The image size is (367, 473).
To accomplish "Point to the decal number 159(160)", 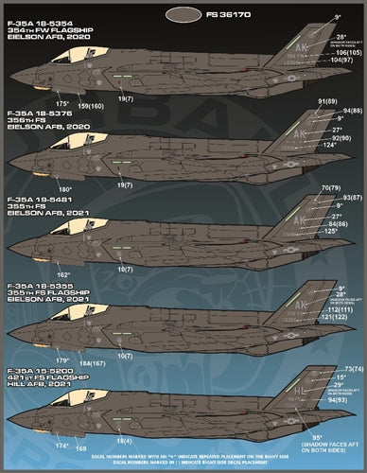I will (91, 104).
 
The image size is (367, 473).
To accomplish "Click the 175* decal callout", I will (62, 101).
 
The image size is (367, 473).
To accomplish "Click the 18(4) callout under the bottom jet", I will (126, 441).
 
